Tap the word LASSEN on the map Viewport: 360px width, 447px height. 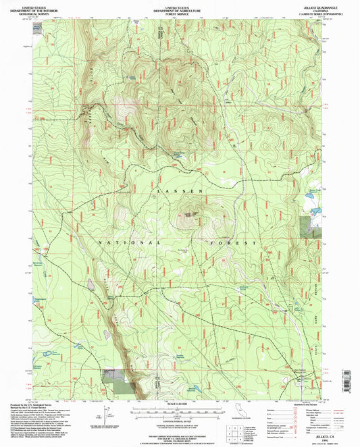[180, 192]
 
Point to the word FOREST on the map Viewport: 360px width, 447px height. [232, 242]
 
